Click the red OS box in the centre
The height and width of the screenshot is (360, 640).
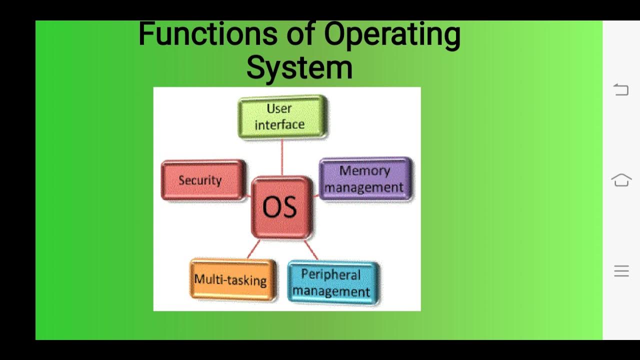pyautogui.click(x=281, y=207)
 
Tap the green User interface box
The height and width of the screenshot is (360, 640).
pyautogui.click(x=282, y=116)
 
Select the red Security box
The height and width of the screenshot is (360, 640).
pyautogui.click(x=203, y=180)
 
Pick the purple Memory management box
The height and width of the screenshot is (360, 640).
pyautogui.click(x=365, y=179)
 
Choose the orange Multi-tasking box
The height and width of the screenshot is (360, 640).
pyautogui.click(x=232, y=279)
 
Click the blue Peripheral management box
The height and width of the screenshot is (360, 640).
pyautogui.click(x=332, y=283)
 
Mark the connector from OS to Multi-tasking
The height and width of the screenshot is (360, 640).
pyautogui.click(x=253, y=248)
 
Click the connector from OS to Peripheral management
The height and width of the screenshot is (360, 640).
pyautogui.click(x=311, y=249)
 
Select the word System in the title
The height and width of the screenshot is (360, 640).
pyautogui.click(x=299, y=67)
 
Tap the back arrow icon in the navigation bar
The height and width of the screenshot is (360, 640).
pyautogui.click(x=621, y=89)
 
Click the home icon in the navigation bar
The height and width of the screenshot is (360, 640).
pyautogui.click(x=621, y=180)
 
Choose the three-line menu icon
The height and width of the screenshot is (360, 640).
pyautogui.click(x=621, y=271)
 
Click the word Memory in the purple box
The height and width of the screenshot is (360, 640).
pyautogui.click(x=364, y=171)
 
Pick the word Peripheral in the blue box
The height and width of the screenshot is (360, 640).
pyautogui.click(x=330, y=275)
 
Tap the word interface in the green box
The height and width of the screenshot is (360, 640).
pyautogui.click(x=279, y=124)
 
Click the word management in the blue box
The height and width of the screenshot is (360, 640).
pyautogui.click(x=331, y=291)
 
